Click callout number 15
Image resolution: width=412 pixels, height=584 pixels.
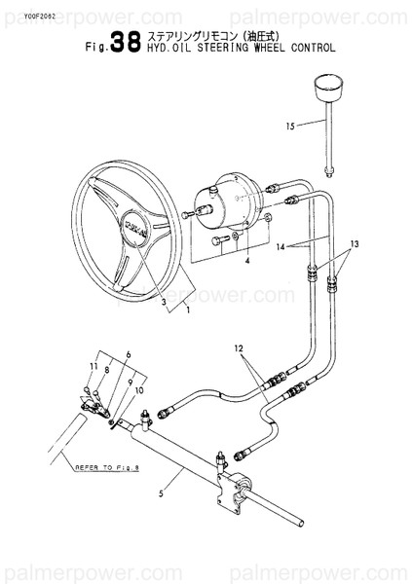tap(289, 125)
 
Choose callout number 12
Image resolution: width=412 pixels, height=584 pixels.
tap(237, 347)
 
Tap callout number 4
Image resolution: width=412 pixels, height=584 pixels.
tap(247, 262)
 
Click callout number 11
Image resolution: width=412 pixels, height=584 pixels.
tap(94, 366)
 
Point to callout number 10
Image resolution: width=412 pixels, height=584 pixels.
tap(138, 390)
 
